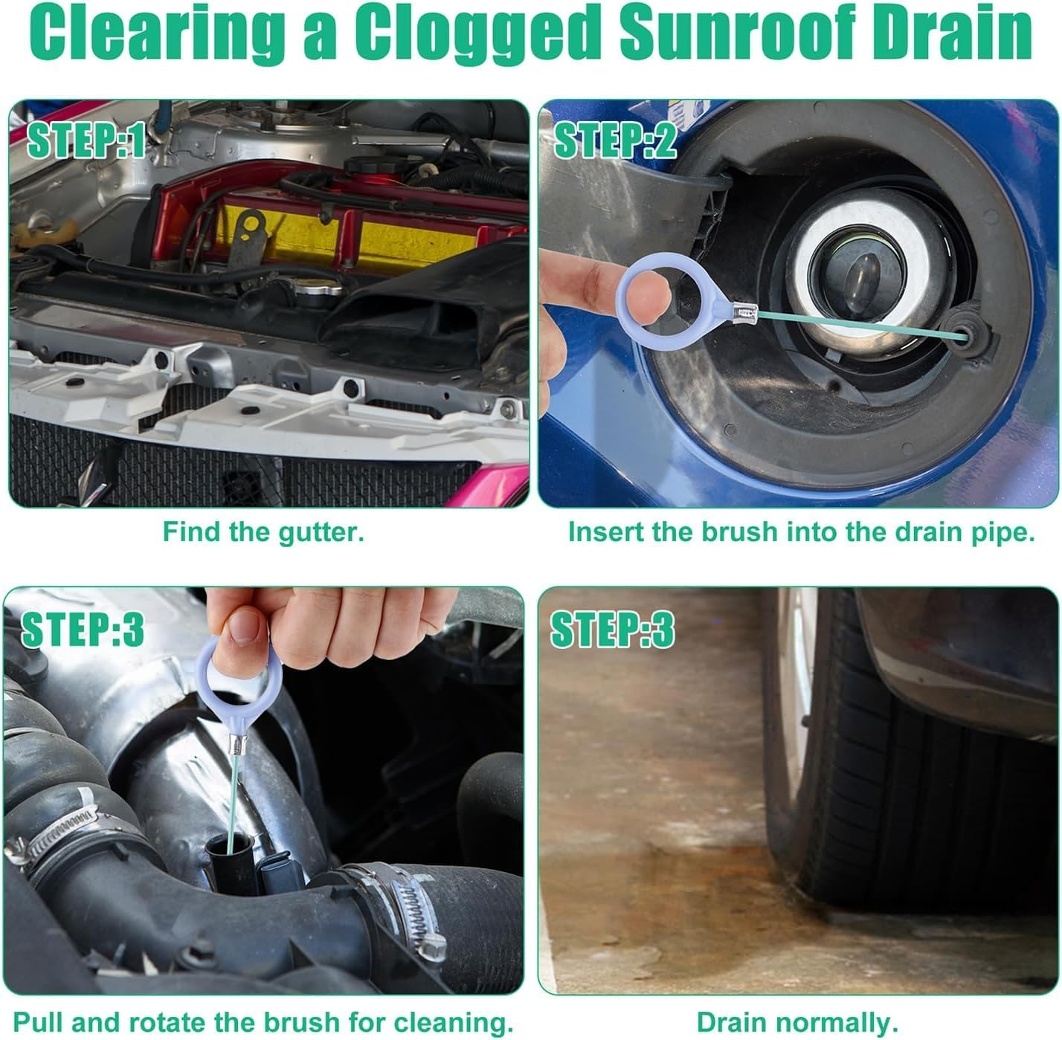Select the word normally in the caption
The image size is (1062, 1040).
point(844,1021)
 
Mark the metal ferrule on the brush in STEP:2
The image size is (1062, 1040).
point(744,320)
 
